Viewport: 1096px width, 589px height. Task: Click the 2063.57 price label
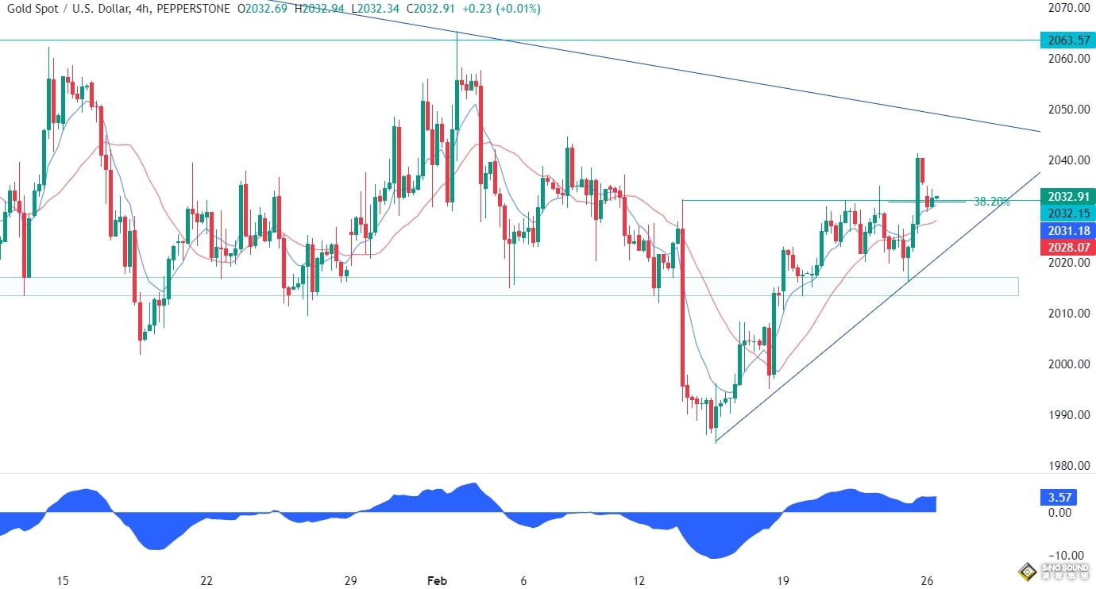(1067, 40)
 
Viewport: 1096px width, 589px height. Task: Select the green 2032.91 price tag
(1067, 195)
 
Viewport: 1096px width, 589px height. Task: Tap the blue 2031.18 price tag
(1067, 230)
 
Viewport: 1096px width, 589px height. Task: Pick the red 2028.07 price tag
(1067, 248)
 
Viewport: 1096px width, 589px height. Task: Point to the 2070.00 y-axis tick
(1067, 8)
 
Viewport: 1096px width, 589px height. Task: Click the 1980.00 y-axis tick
(1067, 466)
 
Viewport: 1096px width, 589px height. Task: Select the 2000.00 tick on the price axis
(1067, 364)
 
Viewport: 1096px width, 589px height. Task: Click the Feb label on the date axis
(438, 580)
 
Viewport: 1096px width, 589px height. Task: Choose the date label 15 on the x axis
(63, 580)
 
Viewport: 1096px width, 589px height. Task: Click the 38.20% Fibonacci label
(991, 202)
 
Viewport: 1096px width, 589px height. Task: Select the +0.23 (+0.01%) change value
(504, 9)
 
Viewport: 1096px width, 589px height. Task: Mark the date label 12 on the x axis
(640, 580)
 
